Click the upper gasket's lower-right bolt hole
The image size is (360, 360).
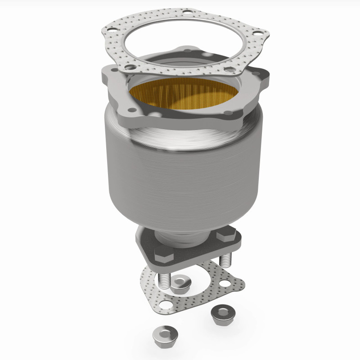(x=230, y=70)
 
